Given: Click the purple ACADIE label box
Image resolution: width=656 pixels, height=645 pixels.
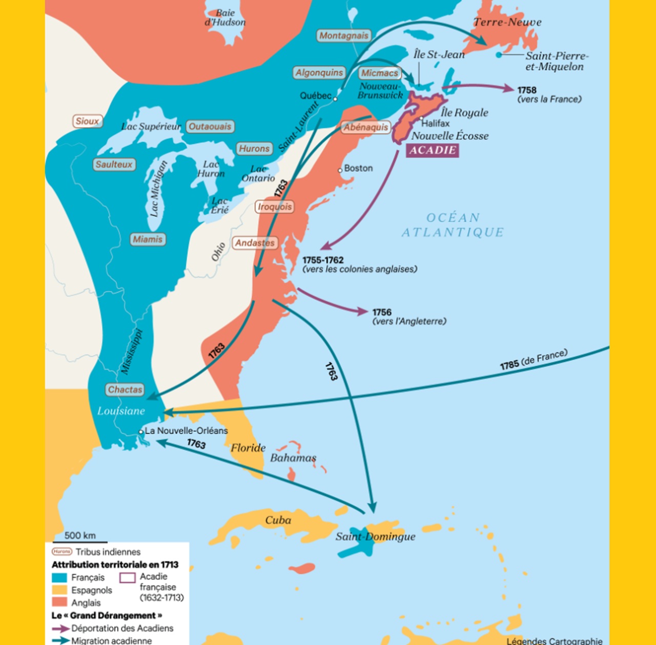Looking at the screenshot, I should point(432,150).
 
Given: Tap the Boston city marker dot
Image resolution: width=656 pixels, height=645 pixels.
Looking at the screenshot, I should point(340,170).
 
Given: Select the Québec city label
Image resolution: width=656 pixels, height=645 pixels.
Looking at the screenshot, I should point(315,96).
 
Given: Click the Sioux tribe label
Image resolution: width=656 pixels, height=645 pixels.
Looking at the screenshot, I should point(87,121).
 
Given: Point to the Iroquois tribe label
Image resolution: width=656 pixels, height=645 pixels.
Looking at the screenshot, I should point(275,207).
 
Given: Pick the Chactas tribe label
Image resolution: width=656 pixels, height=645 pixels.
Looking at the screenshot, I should point(125,390).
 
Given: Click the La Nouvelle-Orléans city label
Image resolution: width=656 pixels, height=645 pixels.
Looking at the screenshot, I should point(186,431).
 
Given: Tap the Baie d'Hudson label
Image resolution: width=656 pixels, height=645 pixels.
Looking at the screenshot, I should point(225,17).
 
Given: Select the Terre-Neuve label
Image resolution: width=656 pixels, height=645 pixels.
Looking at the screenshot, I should point(507,22).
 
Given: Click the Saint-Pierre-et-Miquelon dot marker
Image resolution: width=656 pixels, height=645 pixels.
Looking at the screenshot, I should point(499,55).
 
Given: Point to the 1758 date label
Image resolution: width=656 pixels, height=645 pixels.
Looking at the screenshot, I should point(527,90).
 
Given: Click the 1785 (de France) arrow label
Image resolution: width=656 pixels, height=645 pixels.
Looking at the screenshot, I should point(534,360).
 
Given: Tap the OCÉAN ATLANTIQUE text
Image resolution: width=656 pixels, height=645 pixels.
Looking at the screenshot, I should point(453,225).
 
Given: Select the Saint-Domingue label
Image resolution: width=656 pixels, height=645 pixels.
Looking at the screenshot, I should point(376,536).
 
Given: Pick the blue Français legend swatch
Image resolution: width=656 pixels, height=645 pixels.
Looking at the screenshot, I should point(59,577).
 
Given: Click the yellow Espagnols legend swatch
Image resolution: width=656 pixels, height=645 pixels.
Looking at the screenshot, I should point(59,590).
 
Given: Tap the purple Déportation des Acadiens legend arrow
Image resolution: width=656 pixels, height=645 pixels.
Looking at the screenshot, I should point(60,629).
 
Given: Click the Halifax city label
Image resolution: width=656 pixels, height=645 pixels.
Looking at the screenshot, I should point(435,123).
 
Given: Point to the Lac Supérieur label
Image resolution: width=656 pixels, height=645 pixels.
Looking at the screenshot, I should point(151,127).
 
